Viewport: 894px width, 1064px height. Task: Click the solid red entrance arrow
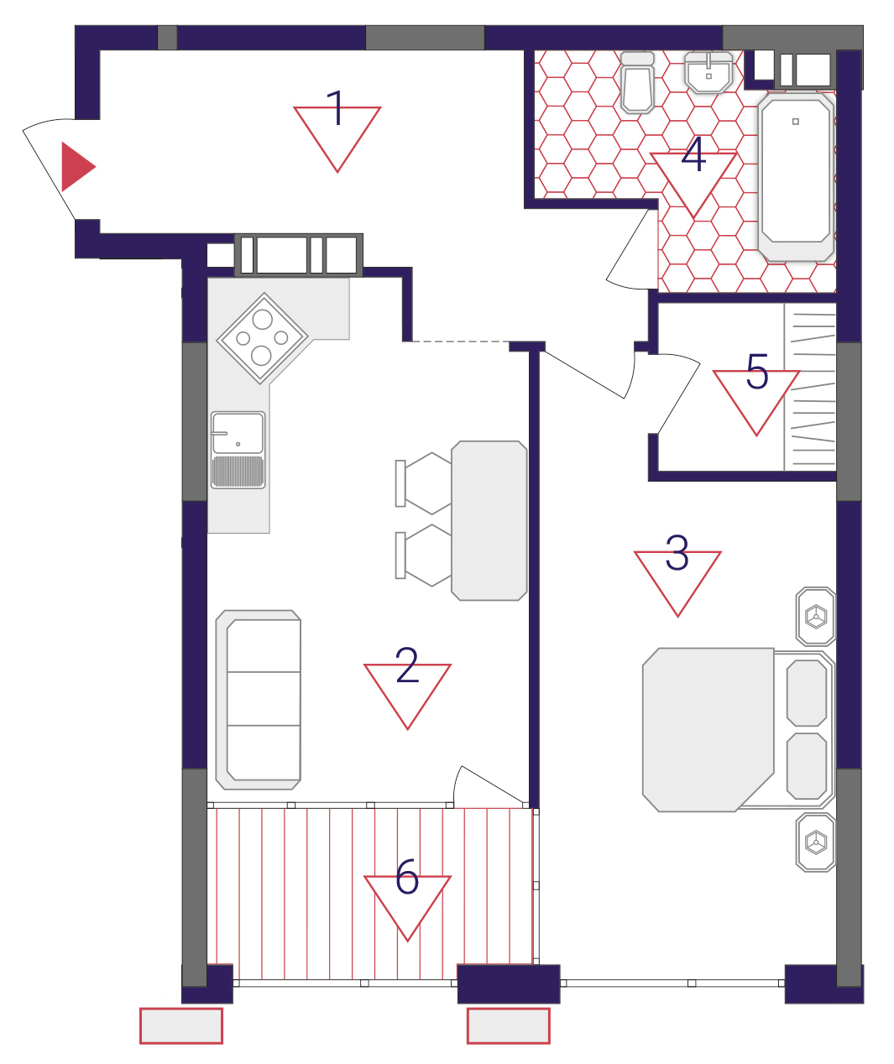[76, 167]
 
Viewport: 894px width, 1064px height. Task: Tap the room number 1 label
[337, 108]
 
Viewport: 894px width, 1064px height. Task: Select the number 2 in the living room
[407, 665]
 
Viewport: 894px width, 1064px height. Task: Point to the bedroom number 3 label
[693, 154]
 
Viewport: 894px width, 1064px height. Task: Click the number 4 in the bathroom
[757, 371]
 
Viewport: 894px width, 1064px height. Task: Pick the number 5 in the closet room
[407, 877]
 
